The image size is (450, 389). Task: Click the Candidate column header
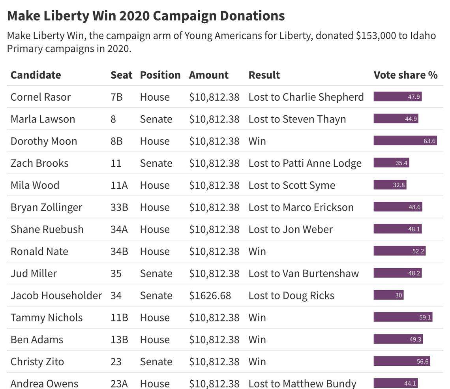pos(36,75)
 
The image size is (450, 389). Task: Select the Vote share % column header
pos(405,75)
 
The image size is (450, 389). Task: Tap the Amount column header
pos(208,75)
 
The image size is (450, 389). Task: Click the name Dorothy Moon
pos(43,141)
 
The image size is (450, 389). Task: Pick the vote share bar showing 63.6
pos(405,141)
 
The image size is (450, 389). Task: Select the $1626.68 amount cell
pos(210,296)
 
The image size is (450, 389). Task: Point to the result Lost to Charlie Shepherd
pos(306,97)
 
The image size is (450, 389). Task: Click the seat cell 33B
pos(119,207)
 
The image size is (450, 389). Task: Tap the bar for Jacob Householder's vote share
pos(388,295)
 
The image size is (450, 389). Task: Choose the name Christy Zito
pos(37,362)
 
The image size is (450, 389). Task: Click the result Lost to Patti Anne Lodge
pos(305,163)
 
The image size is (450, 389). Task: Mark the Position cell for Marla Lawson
pos(156,119)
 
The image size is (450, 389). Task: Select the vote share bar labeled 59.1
pos(403,318)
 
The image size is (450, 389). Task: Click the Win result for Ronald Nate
pos(257,252)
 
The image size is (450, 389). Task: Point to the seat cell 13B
pos(119,340)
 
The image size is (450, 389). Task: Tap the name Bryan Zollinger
pos(46,207)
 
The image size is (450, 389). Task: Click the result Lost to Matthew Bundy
pos(302,383)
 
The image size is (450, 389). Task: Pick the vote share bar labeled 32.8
pos(390,185)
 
